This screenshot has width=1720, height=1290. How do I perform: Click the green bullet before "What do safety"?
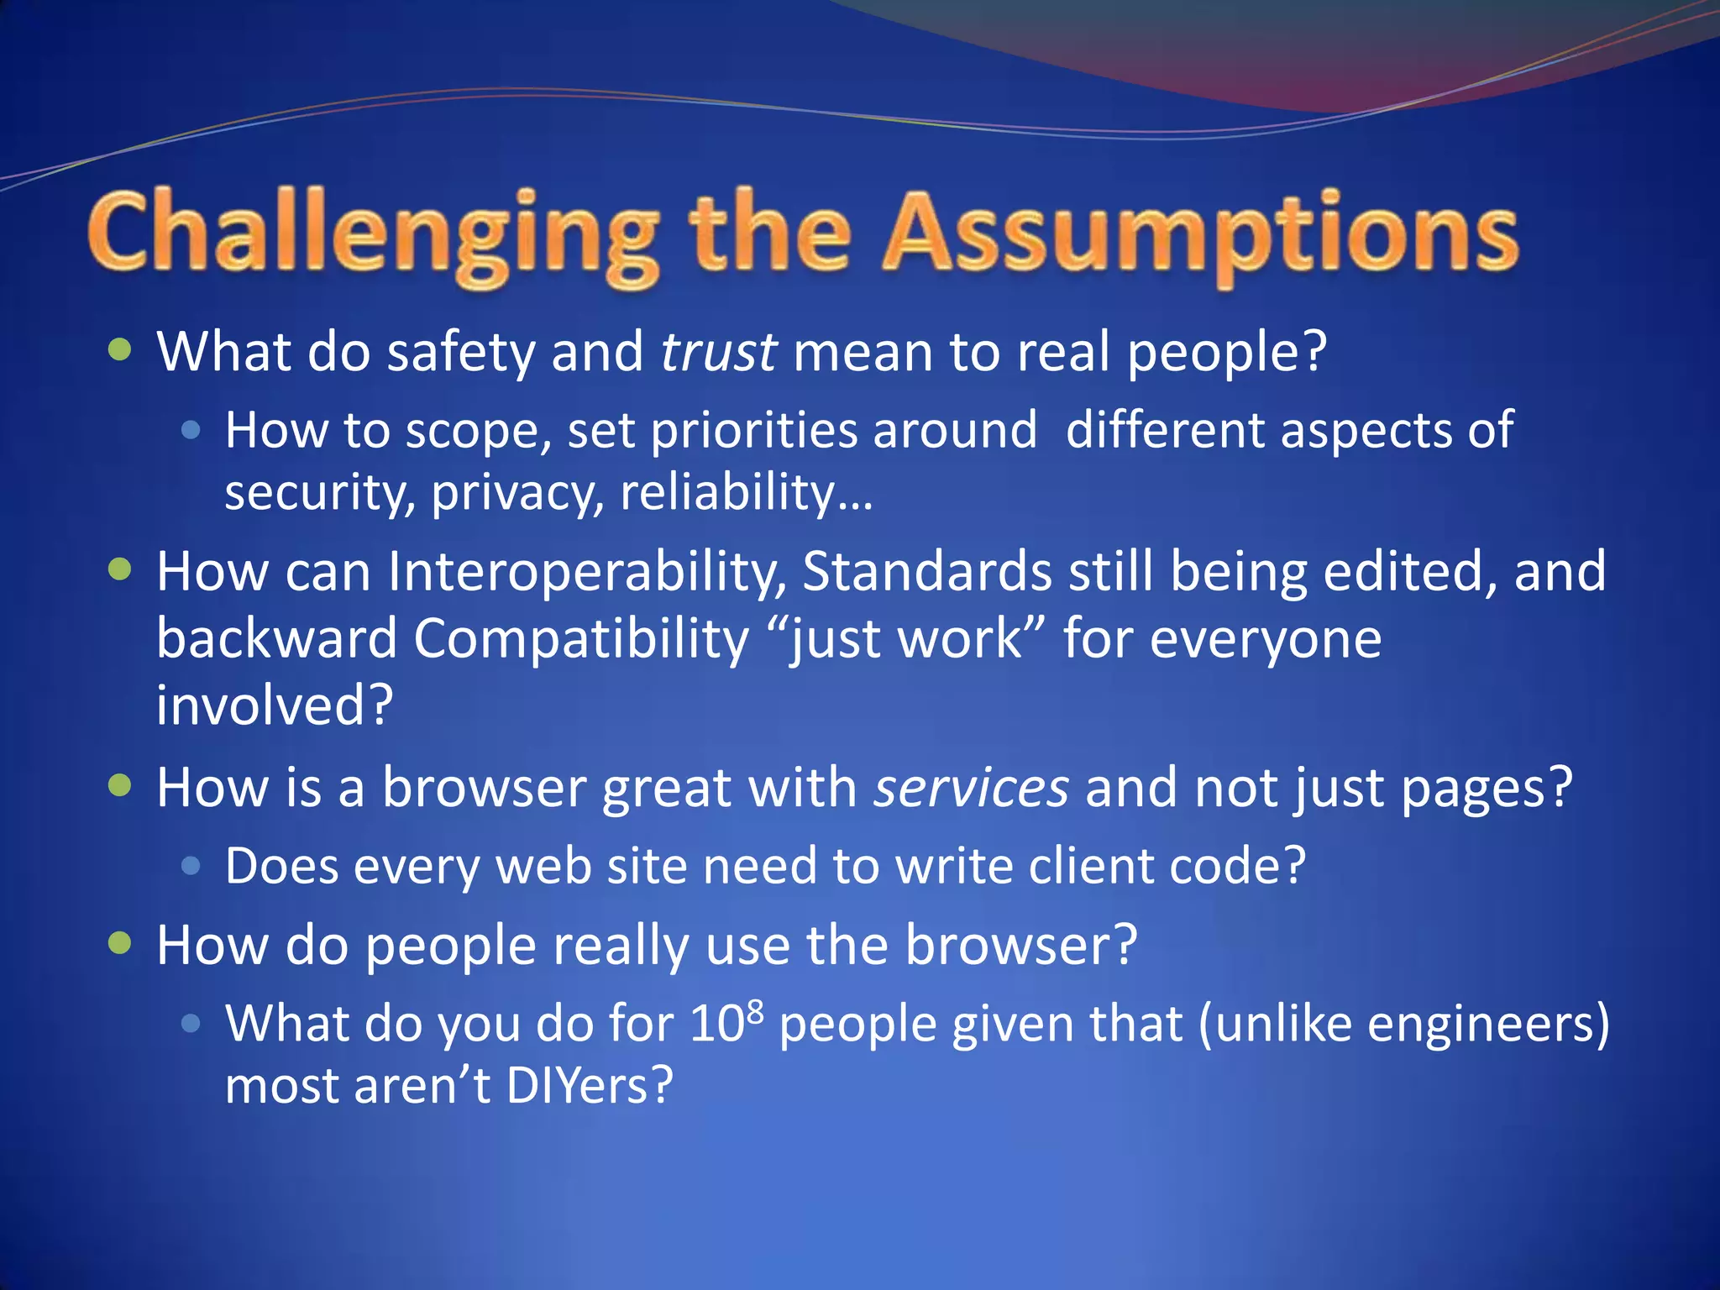click(x=121, y=349)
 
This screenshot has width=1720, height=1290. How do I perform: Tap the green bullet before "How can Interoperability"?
click(x=121, y=570)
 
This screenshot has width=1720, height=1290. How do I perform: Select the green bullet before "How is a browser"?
click(x=121, y=786)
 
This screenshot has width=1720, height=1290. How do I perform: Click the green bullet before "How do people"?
click(x=121, y=943)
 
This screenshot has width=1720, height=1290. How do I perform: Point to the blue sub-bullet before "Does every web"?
click(x=191, y=866)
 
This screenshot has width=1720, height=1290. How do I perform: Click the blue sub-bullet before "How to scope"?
click(x=191, y=431)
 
